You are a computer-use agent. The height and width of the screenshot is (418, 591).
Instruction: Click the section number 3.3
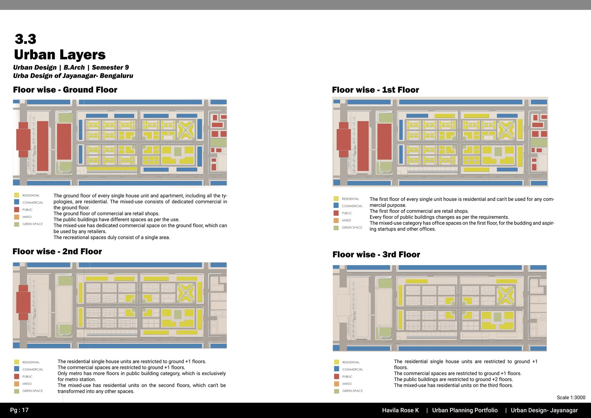click(25, 39)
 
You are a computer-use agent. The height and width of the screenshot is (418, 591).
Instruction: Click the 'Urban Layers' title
click(60, 55)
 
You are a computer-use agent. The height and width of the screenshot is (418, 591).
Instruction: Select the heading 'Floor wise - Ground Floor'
click(65, 90)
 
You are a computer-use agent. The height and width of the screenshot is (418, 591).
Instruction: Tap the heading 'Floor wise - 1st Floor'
click(375, 90)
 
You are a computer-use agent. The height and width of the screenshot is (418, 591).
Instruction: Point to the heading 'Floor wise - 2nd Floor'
click(57, 252)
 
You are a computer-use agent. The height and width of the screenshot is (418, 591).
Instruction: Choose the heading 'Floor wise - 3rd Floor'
click(376, 255)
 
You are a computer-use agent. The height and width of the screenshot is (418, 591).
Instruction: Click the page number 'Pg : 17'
click(19, 410)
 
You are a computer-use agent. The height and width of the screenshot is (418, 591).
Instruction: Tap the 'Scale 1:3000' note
click(571, 398)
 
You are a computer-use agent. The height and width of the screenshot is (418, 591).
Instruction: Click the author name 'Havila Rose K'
click(400, 410)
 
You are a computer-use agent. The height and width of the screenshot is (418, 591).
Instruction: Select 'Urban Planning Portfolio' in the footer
click(465, 410)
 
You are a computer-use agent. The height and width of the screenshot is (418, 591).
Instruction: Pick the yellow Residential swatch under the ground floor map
click(17, 196)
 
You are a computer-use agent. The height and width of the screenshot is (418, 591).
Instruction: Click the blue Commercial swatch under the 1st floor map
click(336, 206)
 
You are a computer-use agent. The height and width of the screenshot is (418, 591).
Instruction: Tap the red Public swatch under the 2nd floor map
click(17, 377)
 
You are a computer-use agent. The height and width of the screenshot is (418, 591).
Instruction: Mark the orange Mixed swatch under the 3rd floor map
click(337, 384)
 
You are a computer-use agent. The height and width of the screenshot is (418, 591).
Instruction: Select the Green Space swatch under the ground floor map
click(17, 224)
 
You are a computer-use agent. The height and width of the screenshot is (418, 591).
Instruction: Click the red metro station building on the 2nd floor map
click(23, 302)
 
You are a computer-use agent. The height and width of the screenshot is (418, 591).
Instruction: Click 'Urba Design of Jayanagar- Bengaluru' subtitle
click(73, 76)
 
